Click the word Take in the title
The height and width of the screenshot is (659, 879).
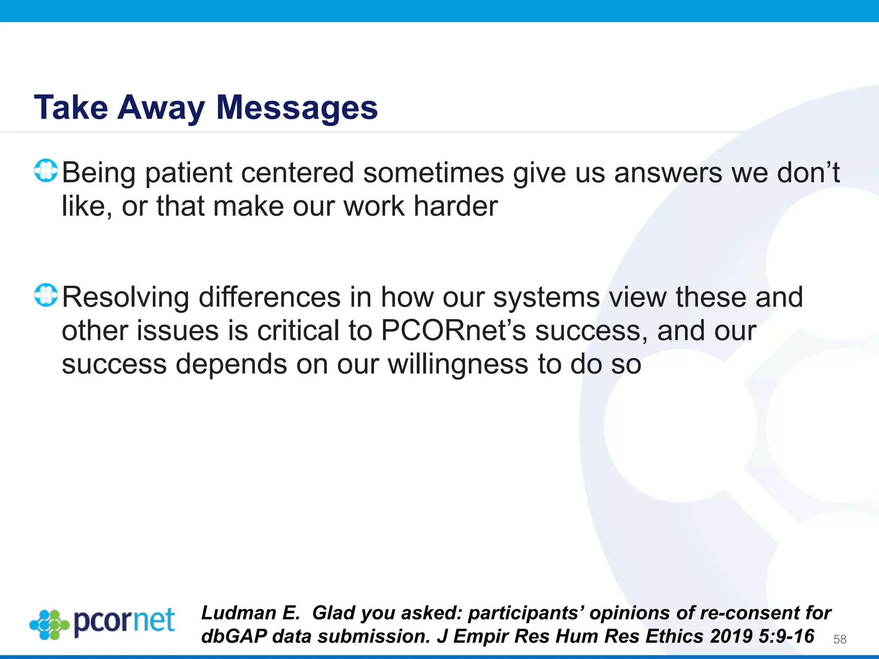tap(71, 108)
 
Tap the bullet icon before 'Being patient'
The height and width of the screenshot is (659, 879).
tap(46, 171)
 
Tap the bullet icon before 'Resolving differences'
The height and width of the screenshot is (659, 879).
tap(46, 295)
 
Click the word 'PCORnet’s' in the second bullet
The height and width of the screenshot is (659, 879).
tap(453, 331)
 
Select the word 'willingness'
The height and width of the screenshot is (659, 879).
tap(458, 364)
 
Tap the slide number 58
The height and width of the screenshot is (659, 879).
tap(840, 639)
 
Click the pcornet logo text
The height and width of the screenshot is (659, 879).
tap(124, 621)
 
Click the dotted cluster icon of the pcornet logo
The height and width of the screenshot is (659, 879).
tap(49, 625)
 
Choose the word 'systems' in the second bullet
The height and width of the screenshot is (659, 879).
tap(546, 297)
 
